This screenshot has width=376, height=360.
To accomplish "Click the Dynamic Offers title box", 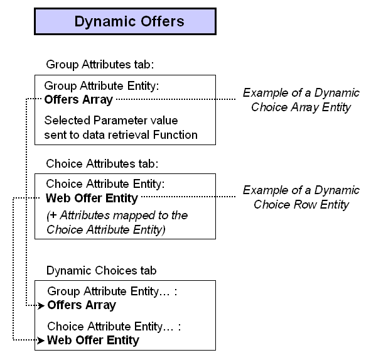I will point(125,21).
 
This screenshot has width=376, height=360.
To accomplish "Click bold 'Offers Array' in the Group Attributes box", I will point(79,99).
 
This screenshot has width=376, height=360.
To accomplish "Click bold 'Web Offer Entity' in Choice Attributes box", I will point(92,199).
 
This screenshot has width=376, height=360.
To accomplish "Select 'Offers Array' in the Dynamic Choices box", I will point(82,305).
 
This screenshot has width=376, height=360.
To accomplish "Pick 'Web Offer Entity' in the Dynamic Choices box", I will point(94,341).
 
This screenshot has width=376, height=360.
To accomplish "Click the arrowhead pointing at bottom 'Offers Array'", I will point(42,305).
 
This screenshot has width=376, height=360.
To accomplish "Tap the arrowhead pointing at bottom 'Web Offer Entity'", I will point(42,341).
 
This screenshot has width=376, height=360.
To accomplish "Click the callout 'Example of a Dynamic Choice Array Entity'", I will point(301,100).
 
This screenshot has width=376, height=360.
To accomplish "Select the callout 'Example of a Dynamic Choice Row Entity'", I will point(301,197).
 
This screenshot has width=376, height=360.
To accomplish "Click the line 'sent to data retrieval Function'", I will point(121,134).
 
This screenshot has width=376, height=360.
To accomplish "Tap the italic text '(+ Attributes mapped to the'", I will point(117,215).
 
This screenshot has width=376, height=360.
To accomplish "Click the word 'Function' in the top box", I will point(177,134).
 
